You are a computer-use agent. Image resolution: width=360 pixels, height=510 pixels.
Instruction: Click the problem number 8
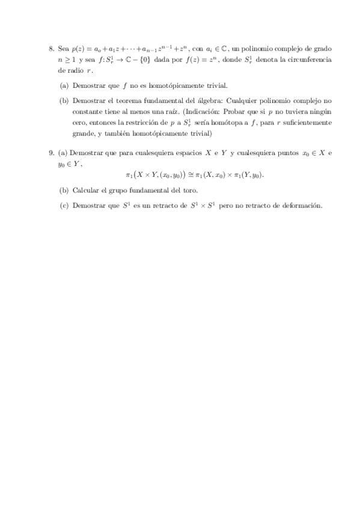click(51, 48)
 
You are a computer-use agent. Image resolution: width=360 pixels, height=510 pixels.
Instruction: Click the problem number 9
click(51, 153)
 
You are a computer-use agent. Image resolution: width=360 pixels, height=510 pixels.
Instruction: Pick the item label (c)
click(63, 205)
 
